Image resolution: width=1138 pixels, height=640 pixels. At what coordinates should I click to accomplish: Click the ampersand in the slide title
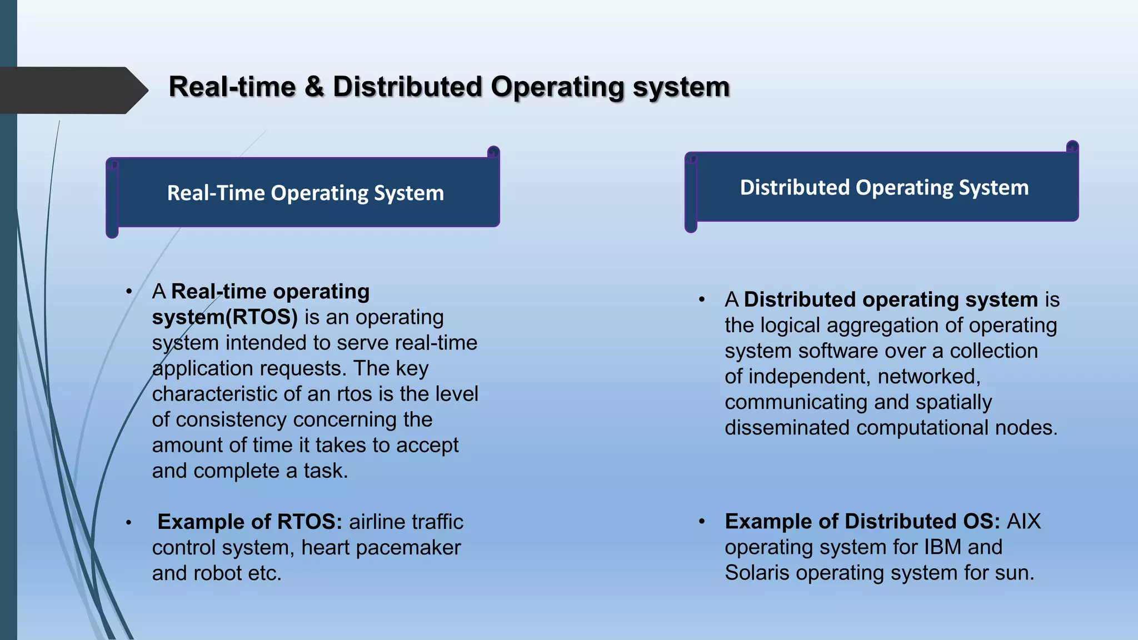(x=314, y=87)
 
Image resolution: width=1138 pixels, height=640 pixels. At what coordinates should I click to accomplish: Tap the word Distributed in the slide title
(x=407, y=87)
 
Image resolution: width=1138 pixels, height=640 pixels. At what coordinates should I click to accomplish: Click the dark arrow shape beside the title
(x=72, y=90)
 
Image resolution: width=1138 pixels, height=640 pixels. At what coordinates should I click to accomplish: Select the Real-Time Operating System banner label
(x=305, y=193)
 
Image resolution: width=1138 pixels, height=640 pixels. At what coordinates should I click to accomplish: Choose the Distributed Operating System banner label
(x=884, y=188)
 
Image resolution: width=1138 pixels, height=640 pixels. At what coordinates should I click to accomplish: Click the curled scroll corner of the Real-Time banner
(x=493, y=152)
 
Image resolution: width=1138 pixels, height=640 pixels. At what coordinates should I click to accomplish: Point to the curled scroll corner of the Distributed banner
(x=1072, y=147)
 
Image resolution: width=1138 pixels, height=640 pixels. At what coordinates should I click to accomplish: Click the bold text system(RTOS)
(x=224, y=317)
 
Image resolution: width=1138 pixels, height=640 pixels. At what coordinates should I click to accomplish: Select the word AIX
(x=1024, y=522)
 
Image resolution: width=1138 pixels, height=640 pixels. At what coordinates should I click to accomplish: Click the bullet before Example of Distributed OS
(x=702, y=522)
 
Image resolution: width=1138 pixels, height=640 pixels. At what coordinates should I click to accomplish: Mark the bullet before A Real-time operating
(x=129, y=292)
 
